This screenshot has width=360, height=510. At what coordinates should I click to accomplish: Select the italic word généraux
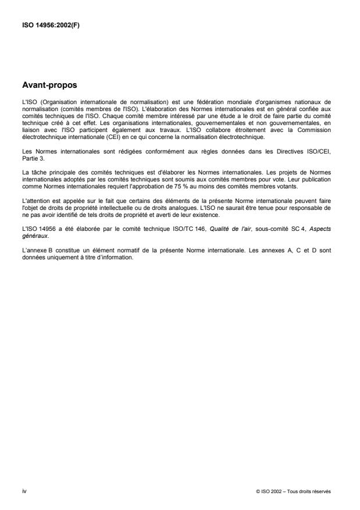(34, 220)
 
